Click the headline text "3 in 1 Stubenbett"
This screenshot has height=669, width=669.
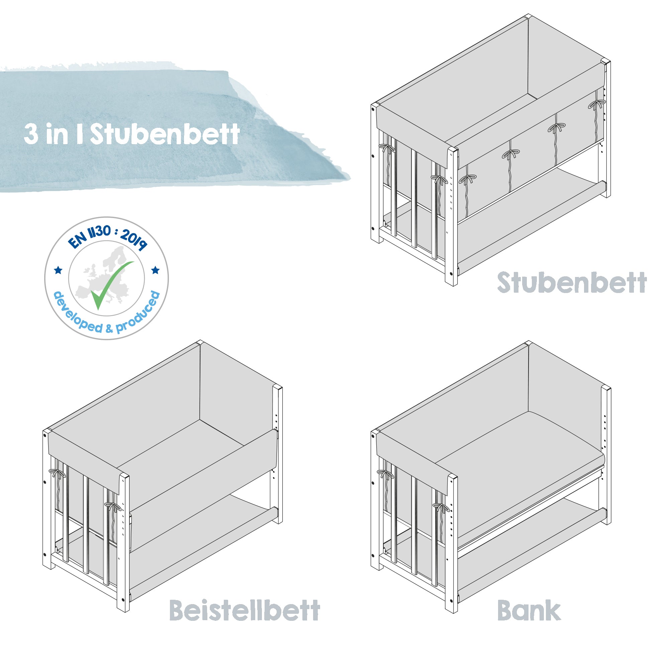[x=131, y=134]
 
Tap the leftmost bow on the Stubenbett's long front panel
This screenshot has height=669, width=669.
[x=468, y=179]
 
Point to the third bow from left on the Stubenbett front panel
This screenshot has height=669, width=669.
[x=556, y=128]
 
